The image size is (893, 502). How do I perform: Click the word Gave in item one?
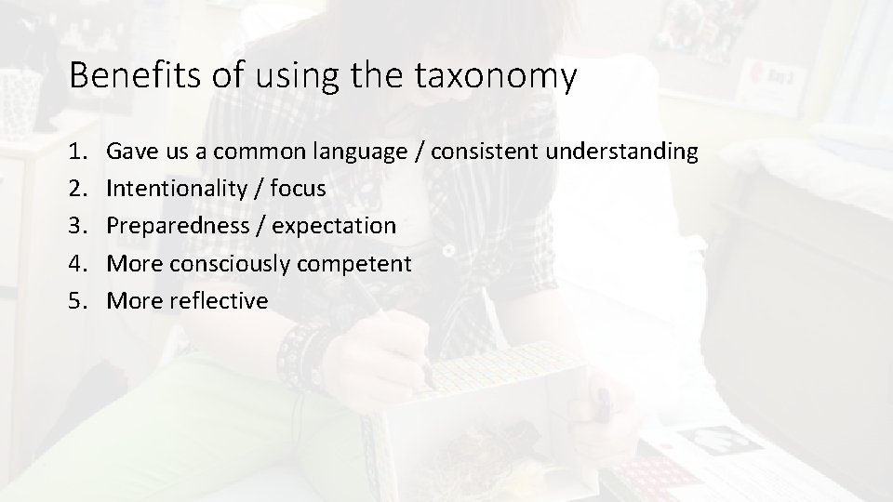point(130,151)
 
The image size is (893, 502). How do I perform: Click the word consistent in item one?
point(484,151)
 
